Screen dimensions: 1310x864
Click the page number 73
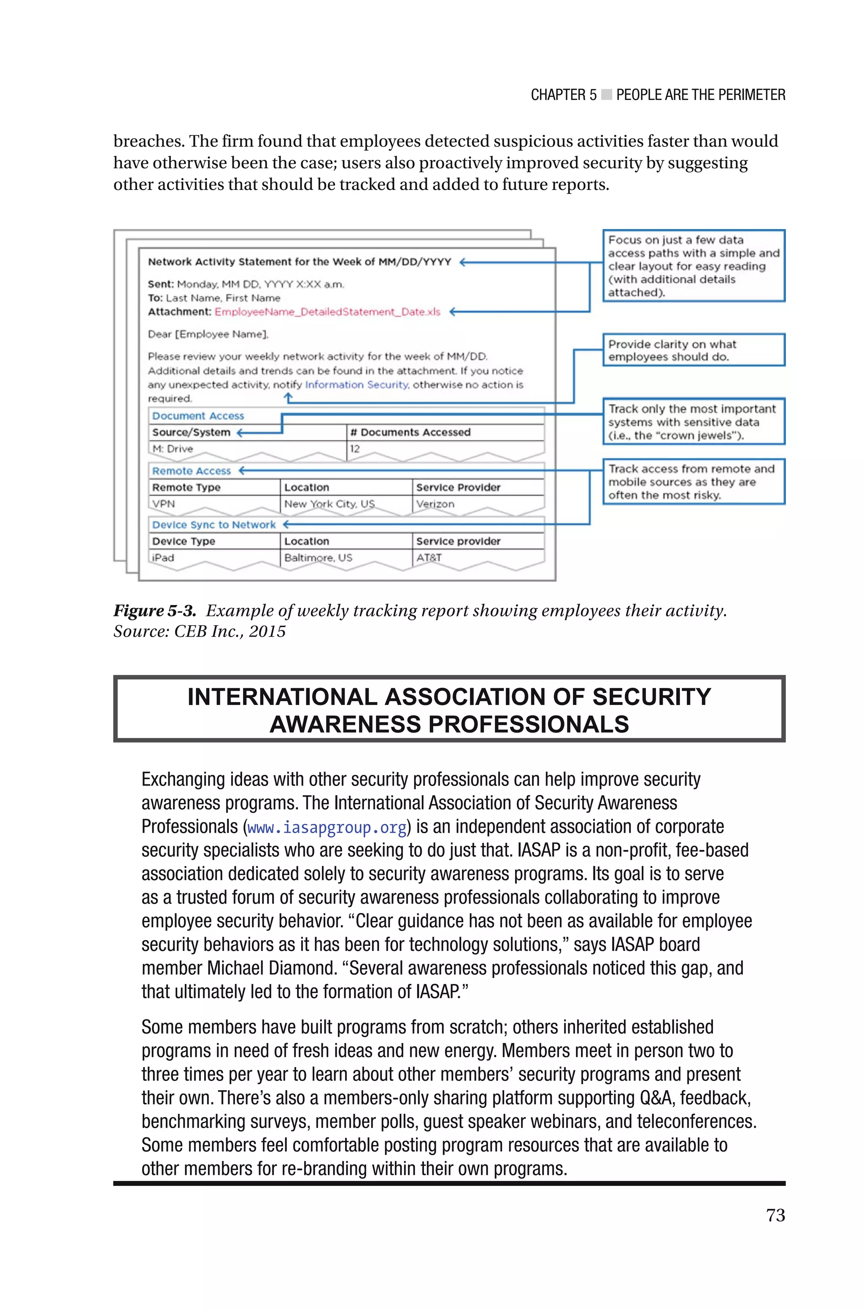click(x=775, y=1215)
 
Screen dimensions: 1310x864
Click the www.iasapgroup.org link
click(x=327, y=827)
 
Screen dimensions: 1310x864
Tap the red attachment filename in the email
click(x=327, y=312)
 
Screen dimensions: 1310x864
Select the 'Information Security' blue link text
click(x=356, y=384)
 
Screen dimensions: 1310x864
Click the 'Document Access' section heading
click(x=198, y=416)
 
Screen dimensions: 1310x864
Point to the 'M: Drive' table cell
click(x=173, y=448)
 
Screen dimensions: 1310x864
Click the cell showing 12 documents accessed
click(x=355, y=448)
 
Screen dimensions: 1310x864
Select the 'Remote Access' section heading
click(x=191, y=471)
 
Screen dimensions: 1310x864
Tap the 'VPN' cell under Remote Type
click(x=164, y=503)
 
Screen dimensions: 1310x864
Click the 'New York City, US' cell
click(x=329, y=503)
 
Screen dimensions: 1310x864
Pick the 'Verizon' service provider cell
click(x=435, y=503)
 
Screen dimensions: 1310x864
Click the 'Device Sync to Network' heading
click(x=214, y=525)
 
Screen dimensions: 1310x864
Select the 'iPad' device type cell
click(x=163, y=557)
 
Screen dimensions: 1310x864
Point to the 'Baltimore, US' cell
click(x=318, y=557)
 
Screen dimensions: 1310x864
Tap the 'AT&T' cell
click(x=429, y=557)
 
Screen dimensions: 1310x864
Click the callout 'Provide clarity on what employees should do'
click(x=693, y=350)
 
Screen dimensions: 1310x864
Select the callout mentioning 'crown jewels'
click(x=693, y=422)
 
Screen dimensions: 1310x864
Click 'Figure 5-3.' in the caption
click(x=155, y=610)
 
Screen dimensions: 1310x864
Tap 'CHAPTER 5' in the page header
click(x=563, y=95)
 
